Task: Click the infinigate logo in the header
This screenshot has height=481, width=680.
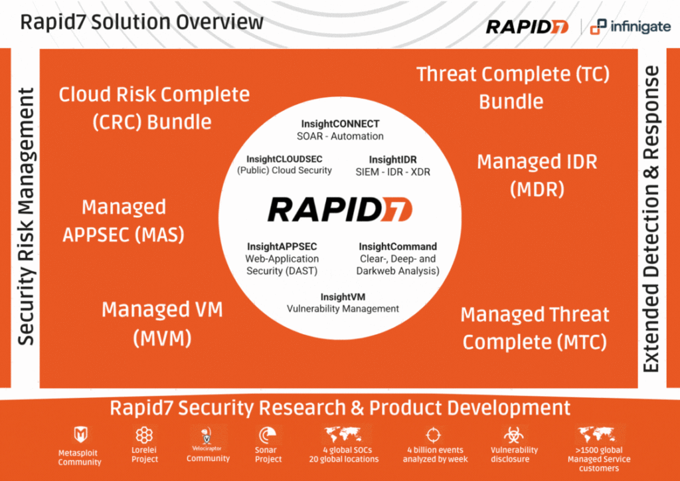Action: pyautogui.click(x=630, y=27)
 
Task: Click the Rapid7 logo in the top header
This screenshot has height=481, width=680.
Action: pyautogui.click(x=527, y=27)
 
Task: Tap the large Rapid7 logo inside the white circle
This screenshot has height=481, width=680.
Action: pyautogui.click(x=340, y=210)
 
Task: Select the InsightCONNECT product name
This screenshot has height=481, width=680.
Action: pyautogui.click(x=340, y=124)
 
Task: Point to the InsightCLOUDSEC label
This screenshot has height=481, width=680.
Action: pyautogui.click(x=284, y=159)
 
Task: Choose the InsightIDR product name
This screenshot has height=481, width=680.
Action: pyautogui.click(x=393, y=159)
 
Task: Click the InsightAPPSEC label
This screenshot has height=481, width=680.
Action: pyautogui.click(x=282, y=246)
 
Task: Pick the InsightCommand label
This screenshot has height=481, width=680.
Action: pyautogui.click(x=398, y=246)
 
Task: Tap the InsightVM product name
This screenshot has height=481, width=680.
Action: pyautogui.click(x=343, y=297)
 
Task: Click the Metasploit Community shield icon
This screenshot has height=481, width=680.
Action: pyautogui.click(x=80, y=434)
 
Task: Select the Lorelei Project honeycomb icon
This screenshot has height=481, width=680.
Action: pyautogui.click(x=144, y=435)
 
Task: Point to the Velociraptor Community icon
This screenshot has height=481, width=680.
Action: pyautogui.click(x=208, y=436)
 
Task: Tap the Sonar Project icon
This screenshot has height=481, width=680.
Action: pyautogui.click(x=266, y=435)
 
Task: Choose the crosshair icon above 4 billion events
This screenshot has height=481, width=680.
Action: pyautogui.click(x=434, y=434)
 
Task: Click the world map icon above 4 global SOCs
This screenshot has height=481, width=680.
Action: pyautogui.click(x=343, y=434)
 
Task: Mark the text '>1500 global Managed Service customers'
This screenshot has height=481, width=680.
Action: pyautogui.click(x=599, y=459)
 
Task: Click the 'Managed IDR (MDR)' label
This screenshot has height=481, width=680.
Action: pyautogui.click(x=537, y=175)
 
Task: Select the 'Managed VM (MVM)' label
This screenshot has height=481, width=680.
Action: pyautogui.click(x=162, y=324)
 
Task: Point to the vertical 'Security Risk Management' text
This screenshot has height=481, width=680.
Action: pyautogui.click(x=26, y=217)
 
